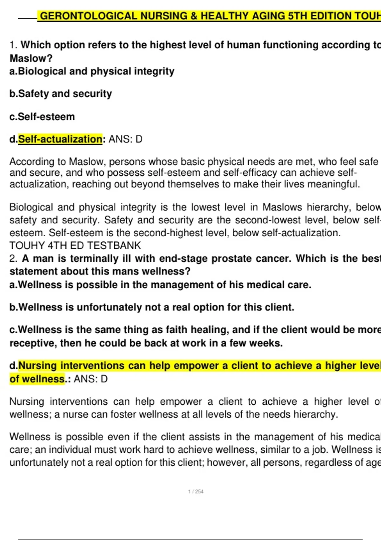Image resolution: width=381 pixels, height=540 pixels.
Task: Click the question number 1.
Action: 13,45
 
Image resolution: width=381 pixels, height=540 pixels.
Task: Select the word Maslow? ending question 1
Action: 31,58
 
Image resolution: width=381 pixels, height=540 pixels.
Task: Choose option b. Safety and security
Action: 61,94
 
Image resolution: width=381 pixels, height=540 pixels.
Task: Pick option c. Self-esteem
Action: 42,117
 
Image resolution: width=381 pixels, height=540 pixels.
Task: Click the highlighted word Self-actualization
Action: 60,139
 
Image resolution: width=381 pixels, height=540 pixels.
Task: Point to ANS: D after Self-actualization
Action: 125,139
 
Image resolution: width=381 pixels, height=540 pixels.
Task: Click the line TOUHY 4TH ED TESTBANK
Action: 75,246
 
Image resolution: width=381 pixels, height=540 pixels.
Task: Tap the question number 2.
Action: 13,259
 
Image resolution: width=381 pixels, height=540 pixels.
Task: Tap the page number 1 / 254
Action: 196,491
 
